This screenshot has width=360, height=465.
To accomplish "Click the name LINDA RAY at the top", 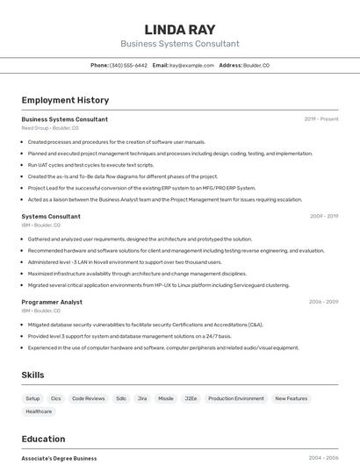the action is coord(179,30).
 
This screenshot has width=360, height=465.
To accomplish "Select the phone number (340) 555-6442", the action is coord(128,66).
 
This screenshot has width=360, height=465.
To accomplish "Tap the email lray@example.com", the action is coord(191,66).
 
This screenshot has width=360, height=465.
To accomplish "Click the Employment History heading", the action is coord(65,101).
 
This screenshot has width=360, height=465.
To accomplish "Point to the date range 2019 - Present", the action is coord(321,119).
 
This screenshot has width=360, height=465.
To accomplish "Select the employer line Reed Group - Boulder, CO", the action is coord(50,128).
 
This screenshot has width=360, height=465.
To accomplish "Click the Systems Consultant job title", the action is coord(51,216).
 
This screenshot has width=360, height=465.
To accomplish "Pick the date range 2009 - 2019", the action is coord(324,216).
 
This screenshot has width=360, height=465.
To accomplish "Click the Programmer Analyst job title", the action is coord(52,302).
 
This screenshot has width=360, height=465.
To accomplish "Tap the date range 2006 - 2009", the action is coord(323,302).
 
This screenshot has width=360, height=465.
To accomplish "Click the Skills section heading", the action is coord(32,376).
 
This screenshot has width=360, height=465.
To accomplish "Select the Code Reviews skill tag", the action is coord(88,398).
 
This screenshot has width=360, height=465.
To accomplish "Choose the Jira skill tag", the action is coord(142,398).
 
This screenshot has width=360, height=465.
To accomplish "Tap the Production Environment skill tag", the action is coord(235,398).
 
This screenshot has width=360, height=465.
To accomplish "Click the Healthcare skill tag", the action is coord(39,411).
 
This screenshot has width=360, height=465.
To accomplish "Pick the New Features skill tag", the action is coord(291,398).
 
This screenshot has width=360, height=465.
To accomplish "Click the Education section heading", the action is coord(43,440).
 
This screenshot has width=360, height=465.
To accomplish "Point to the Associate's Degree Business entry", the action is coord(59,458).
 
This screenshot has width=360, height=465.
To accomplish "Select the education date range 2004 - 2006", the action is coord(323,458).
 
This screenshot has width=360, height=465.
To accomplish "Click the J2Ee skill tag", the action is coord(191,398).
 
